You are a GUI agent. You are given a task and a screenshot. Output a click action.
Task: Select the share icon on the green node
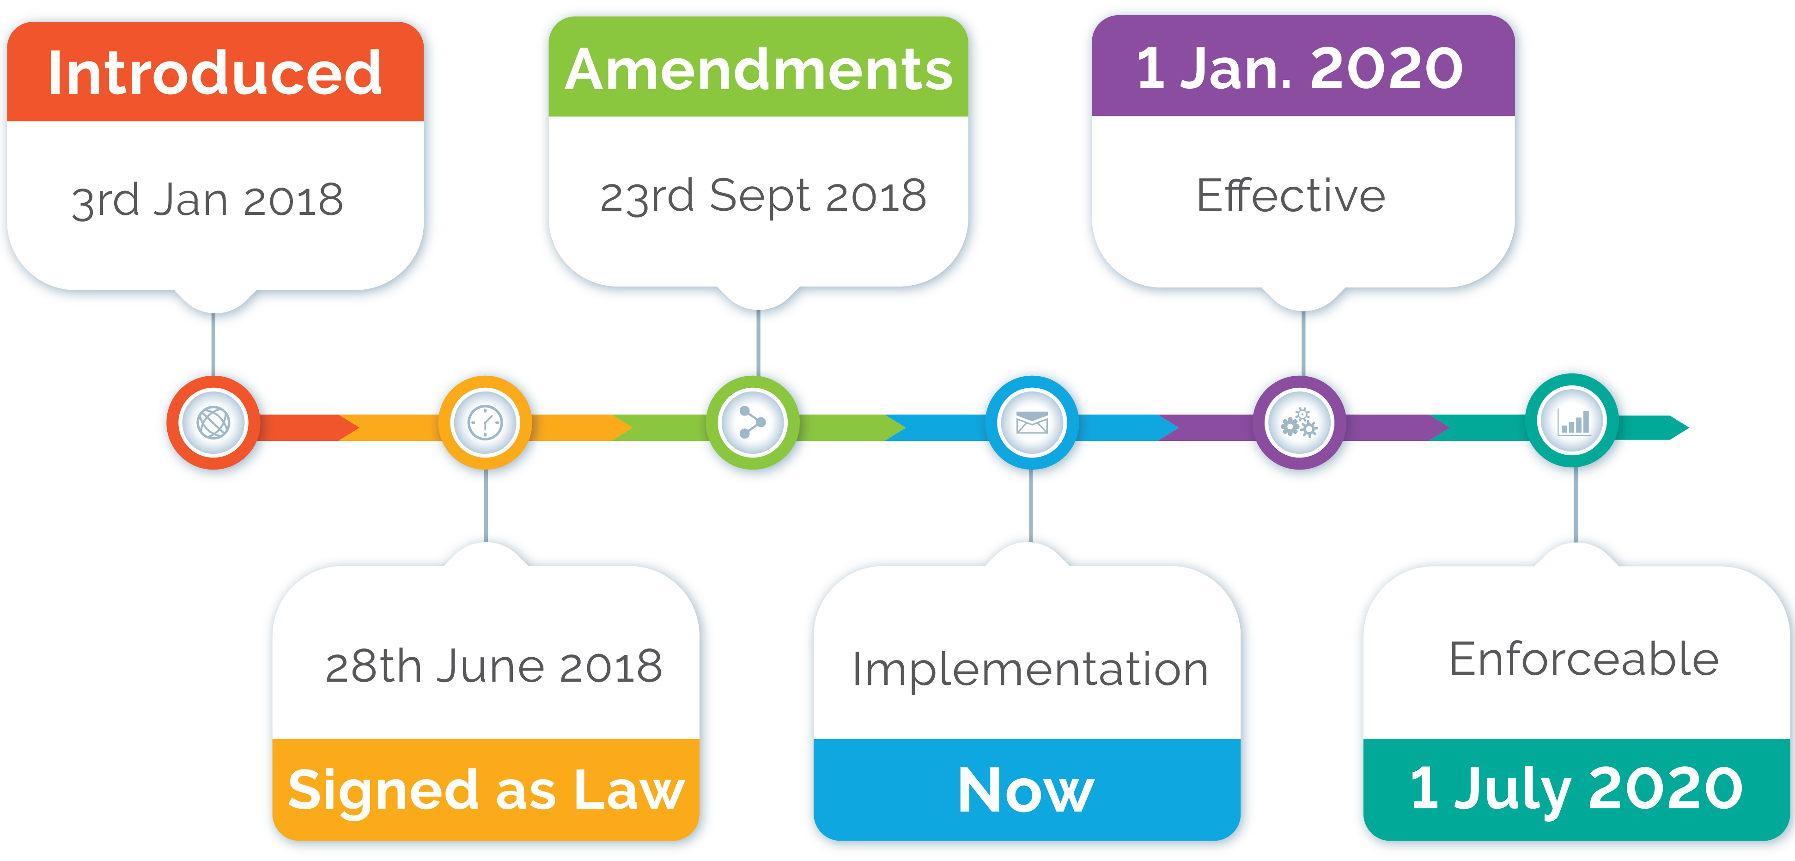[x=753, y=422]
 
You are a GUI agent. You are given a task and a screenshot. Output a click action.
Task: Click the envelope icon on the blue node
[x=1032, y=422]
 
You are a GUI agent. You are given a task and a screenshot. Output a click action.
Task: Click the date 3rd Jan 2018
[x=207, y=200]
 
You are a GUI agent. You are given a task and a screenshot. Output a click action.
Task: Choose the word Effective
[x=1290, y=196]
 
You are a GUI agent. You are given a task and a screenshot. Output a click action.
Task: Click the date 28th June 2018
[x=493, y=666]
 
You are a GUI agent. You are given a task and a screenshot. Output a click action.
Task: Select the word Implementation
[x=1030, y=669]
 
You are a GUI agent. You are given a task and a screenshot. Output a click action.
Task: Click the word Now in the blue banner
[x=1026, y=791]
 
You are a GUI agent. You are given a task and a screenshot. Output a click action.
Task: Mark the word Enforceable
[x=1583, y=659]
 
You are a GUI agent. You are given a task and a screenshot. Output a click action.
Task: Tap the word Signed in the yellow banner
[x=382, y=791]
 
